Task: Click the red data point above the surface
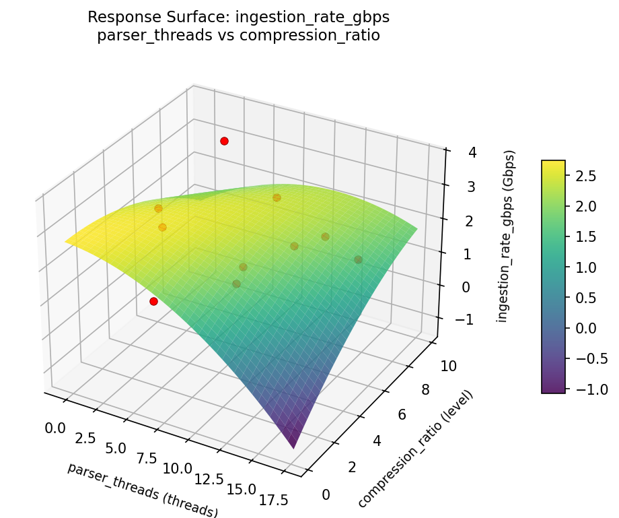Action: pyautogui.click(x=224, y=141)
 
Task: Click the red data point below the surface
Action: pyautogui.click(x=153, y=301)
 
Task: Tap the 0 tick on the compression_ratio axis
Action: pyautogui.click(x=326, y=495)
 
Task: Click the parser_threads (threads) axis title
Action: pyautogui.click(x=143, y=490)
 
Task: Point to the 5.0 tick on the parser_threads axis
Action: pyautogui.click(x=115, y=449)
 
